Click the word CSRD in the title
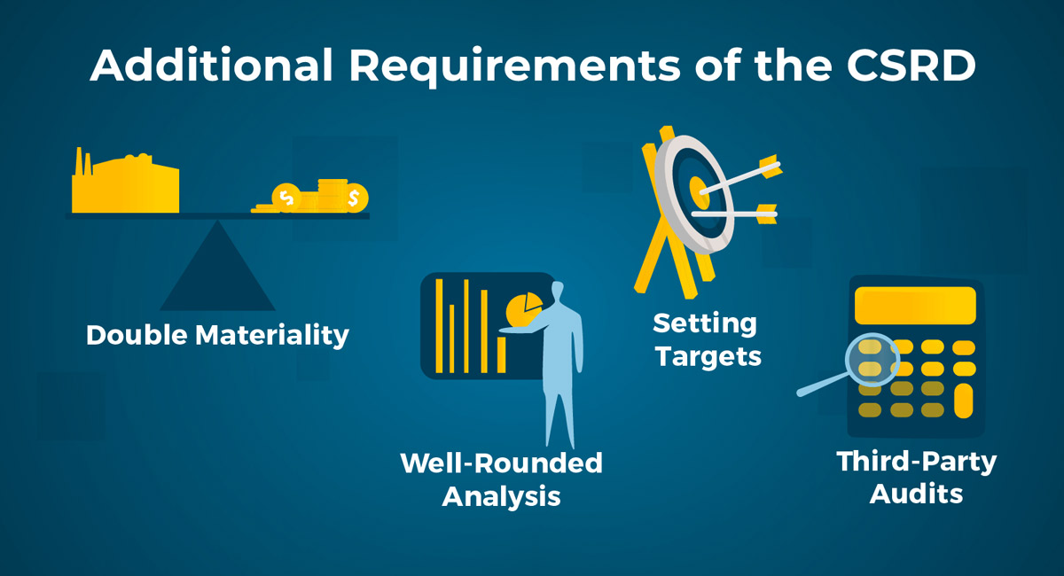(x=911, y=65)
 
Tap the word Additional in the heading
(x=211, y=65)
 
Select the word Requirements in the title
(x=515, y=66)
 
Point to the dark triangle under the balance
(x=217, y=266)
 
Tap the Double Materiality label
(x=217, y=336)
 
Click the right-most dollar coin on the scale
(x=356, y=198)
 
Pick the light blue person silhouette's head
(x=557, y=291)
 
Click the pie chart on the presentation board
(x=524, y=309)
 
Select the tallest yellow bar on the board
(x=439, y=326)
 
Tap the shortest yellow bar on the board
(x=501, y=354)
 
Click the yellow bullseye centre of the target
(x=700, y=192)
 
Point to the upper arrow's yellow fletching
(x=771, y=167)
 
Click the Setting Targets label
(x=708, y=340)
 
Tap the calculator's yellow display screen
(x=915, y=306)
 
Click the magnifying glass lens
(x=872, y=360)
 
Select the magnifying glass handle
(x=823, y=385)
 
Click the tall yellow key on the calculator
(x=963, y=401)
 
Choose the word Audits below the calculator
(x=916, y=494)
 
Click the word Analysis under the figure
(x=502, y=497)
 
